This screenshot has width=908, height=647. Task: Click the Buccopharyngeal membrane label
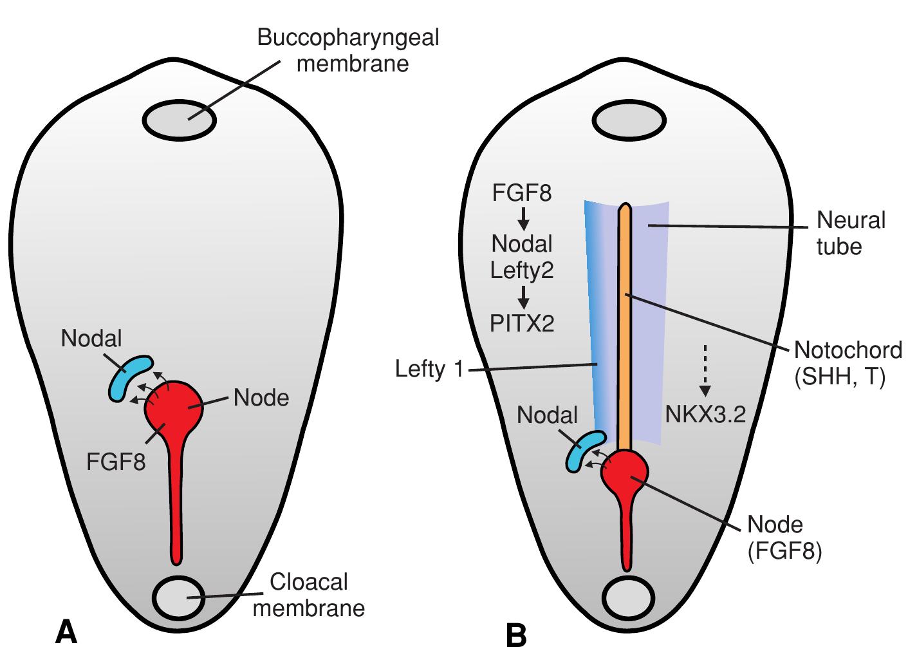[347, 50]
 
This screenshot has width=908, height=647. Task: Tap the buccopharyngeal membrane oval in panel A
[179, 120]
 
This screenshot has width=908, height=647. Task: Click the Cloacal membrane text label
[308, 595]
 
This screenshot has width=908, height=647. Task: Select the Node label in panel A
[261, 398]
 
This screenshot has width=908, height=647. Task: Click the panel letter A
[66, 631]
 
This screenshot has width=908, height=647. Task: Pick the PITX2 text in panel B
[522, 323]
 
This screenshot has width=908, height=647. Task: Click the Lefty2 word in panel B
[522, 270]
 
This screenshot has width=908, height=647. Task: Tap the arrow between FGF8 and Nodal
[523, 218]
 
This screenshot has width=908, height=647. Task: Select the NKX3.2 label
[705, 415]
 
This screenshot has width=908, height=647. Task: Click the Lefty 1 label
[429, 370]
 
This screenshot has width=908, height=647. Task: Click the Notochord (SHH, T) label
[848, 364]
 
